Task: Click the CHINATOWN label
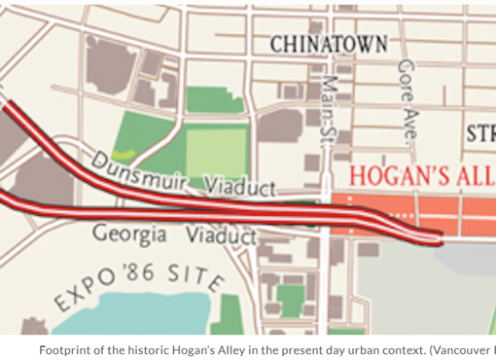(328, 43)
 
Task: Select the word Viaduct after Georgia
(221, 235)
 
